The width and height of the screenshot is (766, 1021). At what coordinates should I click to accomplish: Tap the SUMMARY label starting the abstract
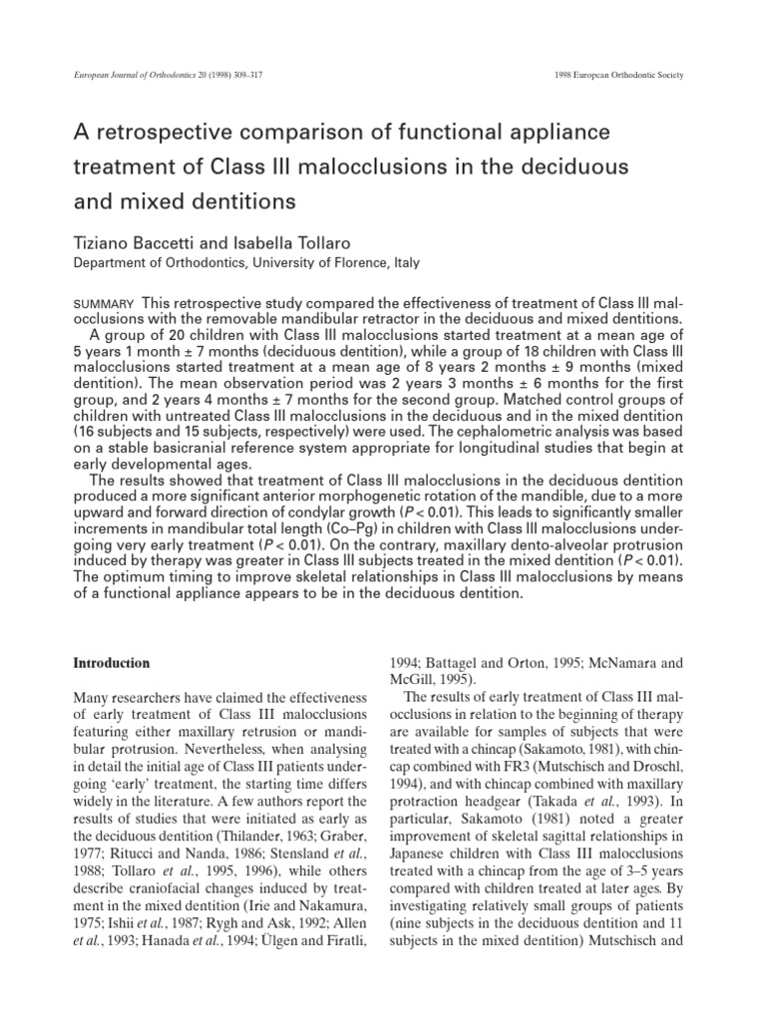105,303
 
